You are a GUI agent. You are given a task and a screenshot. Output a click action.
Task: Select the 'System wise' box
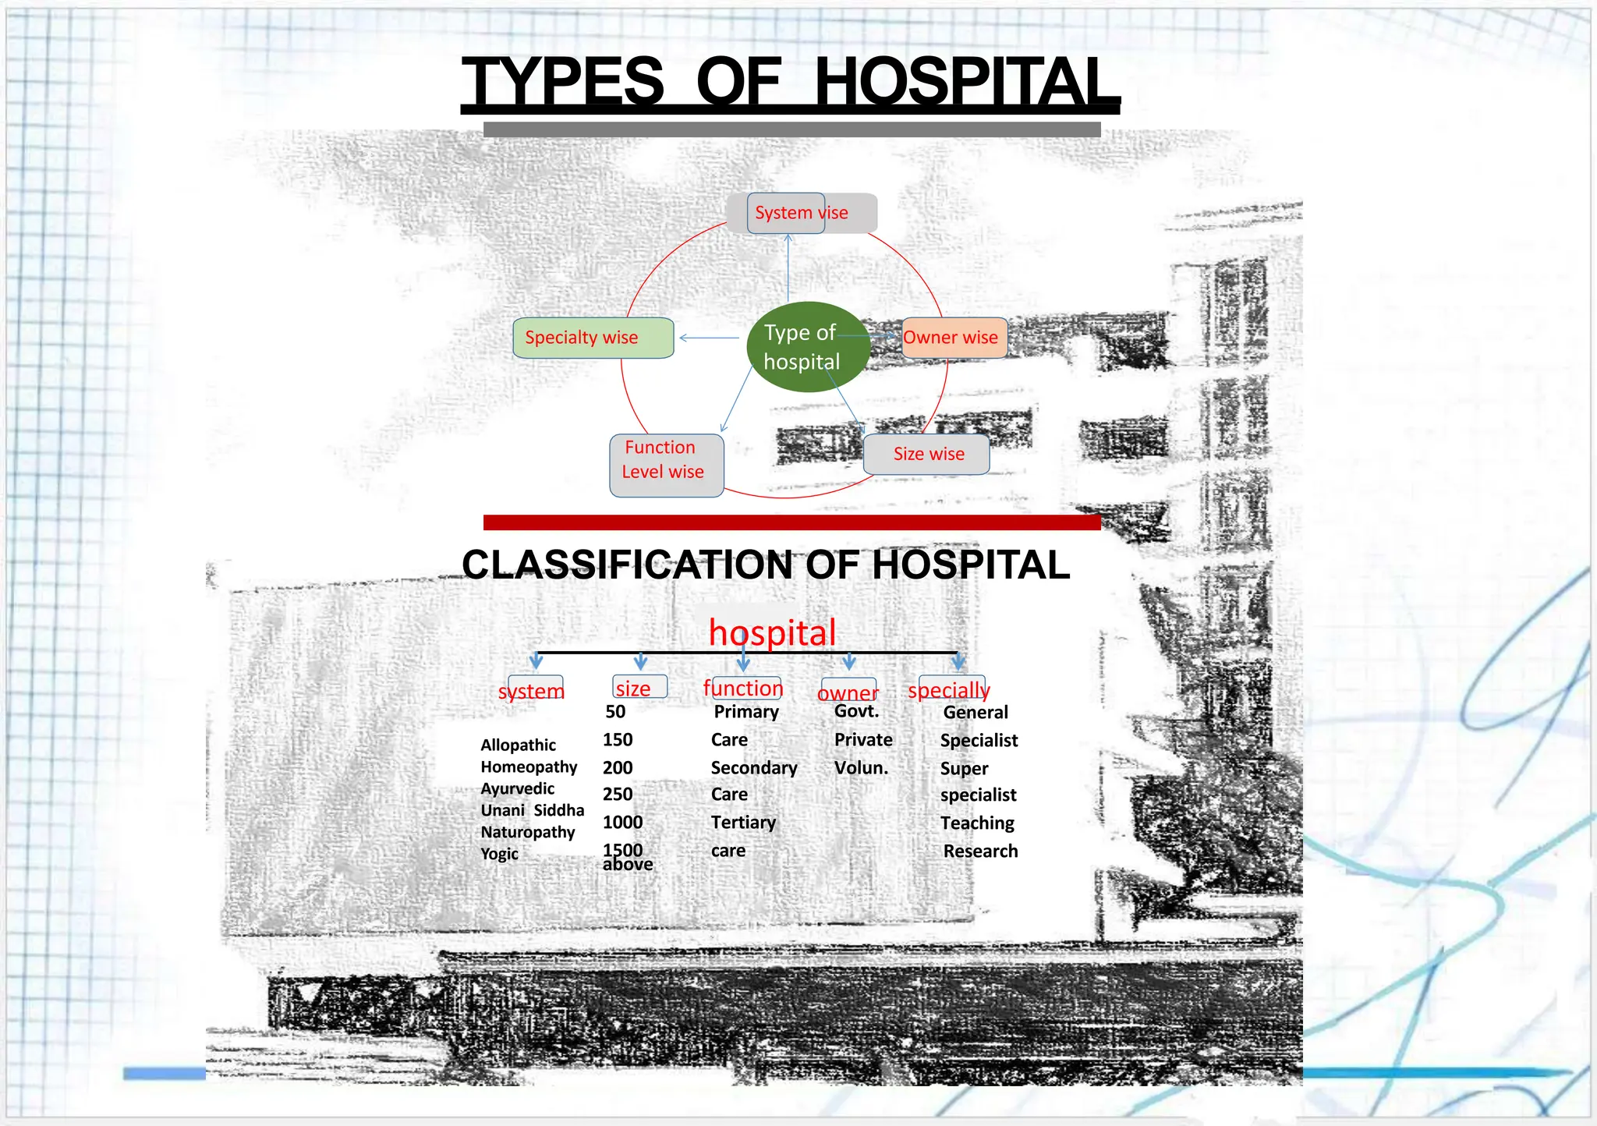(x=801, y=213)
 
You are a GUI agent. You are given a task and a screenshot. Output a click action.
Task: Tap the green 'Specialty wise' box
(x=593, y=338)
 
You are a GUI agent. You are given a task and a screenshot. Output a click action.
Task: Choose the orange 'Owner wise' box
(x=954, y=338)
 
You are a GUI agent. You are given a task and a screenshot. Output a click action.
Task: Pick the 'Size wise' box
(x=926, y=454)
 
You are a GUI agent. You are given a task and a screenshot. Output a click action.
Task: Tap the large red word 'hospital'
(x=772, y=632)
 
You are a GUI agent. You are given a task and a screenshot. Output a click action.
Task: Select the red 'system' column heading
(x=532, y=690)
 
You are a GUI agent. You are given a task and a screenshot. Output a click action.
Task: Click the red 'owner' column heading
(x=848, y=692)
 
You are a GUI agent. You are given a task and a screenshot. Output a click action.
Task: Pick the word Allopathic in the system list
(x=519, y=745)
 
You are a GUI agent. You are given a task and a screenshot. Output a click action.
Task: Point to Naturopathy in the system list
(x=528, y=832)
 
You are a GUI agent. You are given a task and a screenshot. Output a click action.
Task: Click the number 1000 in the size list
(x=622, y=822)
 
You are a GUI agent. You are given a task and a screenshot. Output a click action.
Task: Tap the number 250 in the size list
(x=618, y=794)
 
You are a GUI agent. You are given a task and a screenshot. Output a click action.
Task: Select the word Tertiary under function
(x=743, y=823)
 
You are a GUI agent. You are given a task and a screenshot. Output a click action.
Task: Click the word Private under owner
(x=863, y=739)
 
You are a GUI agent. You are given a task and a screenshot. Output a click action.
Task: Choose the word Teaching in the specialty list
(x=977, y=823)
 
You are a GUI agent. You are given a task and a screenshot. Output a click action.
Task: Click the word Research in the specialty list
(x=980, y=851)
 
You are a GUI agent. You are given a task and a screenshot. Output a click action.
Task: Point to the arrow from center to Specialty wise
(x=709, y=338)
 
